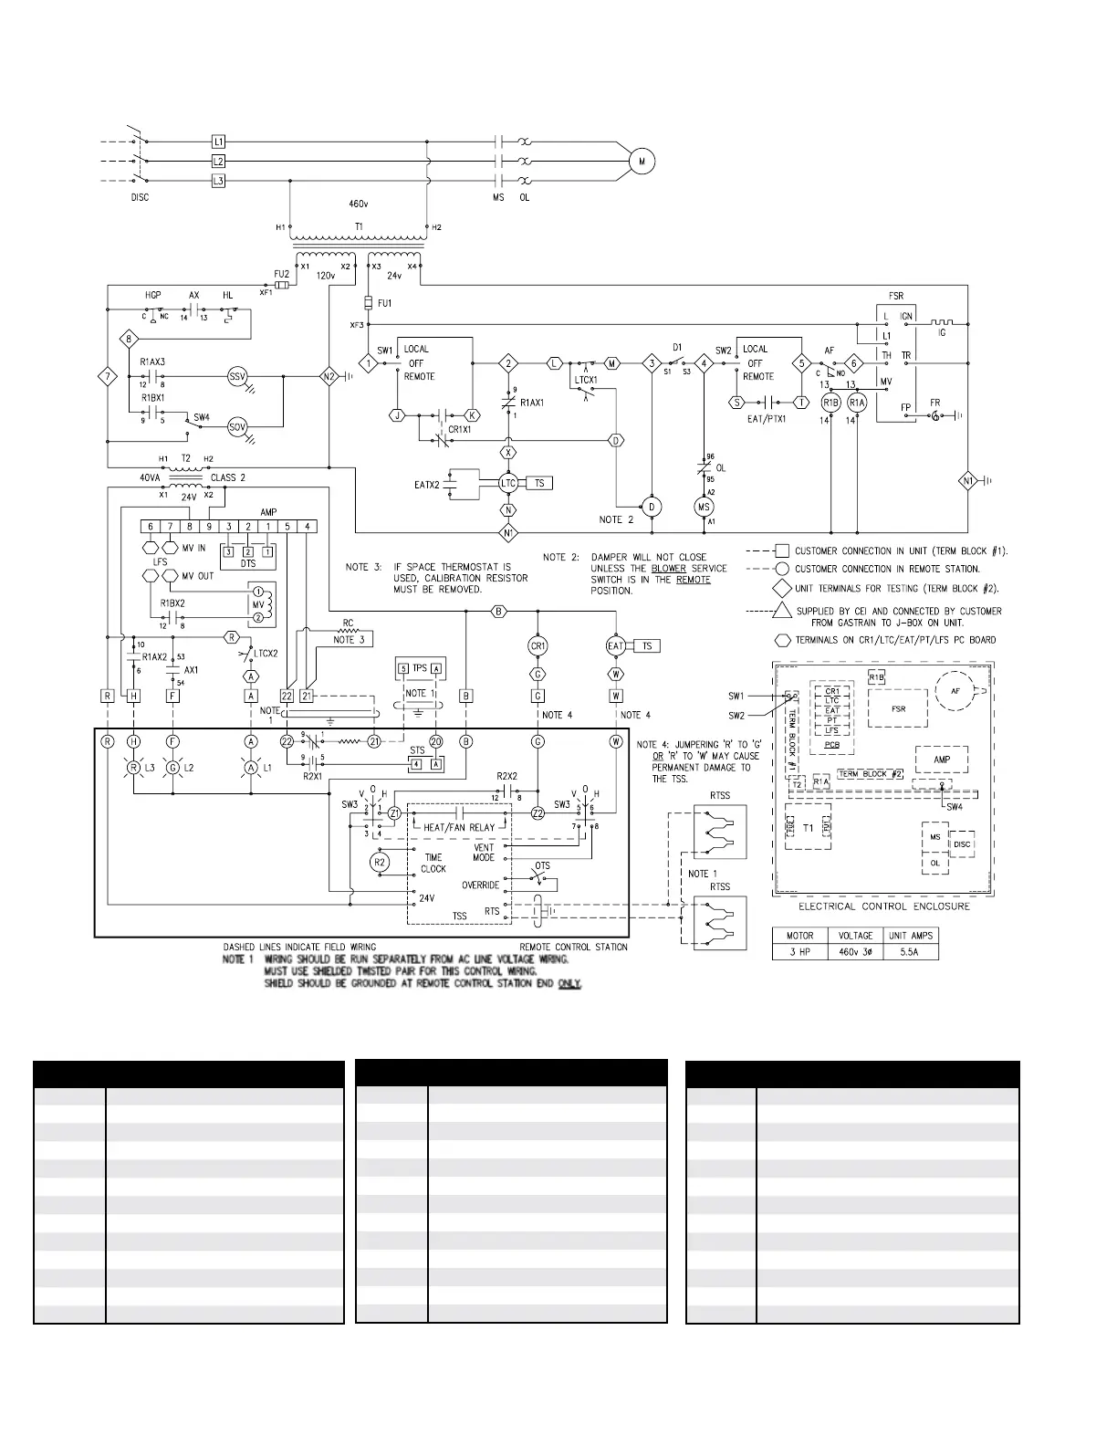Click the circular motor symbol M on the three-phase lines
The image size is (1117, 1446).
coord(642,162)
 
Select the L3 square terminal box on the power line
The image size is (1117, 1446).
coord(218,181)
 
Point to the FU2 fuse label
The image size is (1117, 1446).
coord(281,273)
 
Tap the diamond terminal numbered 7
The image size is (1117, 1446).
coord(108,376)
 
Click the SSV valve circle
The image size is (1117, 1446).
coord(237,376)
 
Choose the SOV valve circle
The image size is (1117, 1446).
coord(237,426)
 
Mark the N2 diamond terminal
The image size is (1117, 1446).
coord(329,376)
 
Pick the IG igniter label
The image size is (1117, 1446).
coord(942,333)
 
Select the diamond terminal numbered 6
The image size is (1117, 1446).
coord(854,362)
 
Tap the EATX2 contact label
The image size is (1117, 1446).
coord(427,484)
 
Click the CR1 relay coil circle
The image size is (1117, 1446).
coord(538,646)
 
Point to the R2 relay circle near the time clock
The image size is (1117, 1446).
coord(381,862)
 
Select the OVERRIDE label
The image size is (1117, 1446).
coord(480,885)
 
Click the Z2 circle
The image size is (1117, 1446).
coord(538,813)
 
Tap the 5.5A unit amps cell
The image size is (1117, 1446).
coord(911,951)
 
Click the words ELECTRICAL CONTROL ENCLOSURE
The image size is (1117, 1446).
coord(884,906)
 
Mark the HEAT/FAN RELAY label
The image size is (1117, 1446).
coord(460,828)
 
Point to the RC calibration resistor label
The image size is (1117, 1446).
coord(348,624)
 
